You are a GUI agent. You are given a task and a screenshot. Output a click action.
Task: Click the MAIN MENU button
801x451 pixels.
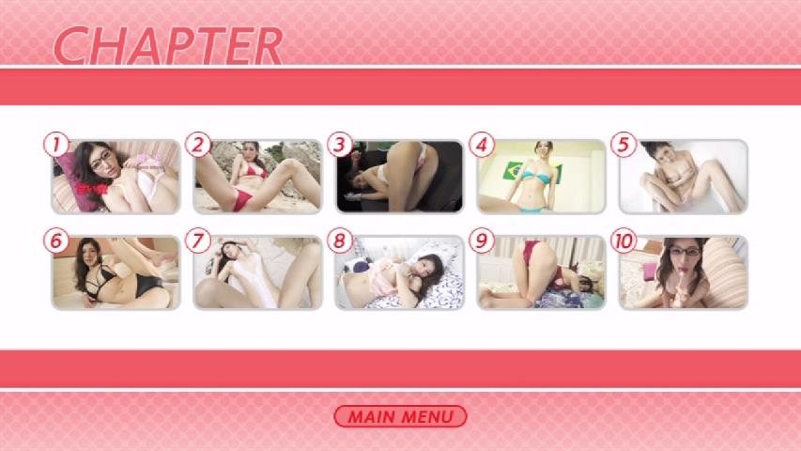400,416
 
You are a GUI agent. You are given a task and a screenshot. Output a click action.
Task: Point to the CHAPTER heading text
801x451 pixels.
168,45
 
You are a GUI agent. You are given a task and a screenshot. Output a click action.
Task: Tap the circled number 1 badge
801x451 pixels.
55,145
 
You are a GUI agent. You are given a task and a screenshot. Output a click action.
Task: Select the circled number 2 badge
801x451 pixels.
198,145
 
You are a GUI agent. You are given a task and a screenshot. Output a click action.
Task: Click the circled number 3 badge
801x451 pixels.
340,145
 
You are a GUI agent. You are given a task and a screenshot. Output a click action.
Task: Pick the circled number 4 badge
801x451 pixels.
481,145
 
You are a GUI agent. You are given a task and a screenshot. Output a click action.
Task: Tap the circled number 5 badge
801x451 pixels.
624,145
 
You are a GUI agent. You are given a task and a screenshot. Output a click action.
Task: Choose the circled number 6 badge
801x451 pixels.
55,241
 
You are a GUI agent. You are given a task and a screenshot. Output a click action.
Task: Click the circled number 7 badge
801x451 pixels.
198,241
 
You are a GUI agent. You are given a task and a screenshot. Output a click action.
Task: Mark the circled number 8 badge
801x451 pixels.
340,241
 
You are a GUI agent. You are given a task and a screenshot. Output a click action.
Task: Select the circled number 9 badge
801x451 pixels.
481,241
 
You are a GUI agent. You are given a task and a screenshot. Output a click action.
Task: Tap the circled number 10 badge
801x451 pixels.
624,241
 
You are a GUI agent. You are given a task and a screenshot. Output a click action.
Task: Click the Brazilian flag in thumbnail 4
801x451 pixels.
516,171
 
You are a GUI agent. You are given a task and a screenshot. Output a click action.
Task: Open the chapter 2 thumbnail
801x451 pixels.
257,177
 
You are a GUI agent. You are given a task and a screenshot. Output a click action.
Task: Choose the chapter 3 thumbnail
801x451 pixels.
399,177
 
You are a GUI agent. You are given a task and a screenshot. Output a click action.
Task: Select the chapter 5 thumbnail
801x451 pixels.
684,177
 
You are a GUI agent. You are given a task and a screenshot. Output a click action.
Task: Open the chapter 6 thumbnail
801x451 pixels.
116,272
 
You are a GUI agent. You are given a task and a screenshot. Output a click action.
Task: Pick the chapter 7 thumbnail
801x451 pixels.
257,272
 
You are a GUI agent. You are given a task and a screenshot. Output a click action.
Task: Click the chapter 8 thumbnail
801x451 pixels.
399,272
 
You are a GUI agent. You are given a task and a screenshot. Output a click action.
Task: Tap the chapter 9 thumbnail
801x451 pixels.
542,272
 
